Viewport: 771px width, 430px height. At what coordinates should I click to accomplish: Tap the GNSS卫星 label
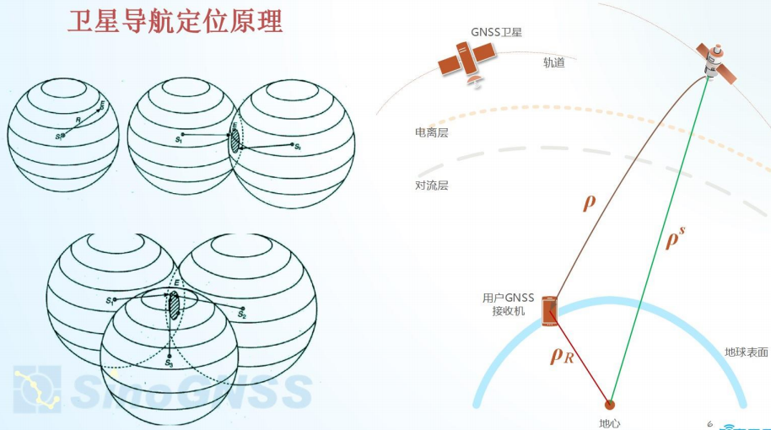coord(497,32)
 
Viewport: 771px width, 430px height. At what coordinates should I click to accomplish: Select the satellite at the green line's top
coord(717,62)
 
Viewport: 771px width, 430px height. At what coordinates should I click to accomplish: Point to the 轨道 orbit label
coord(554,62)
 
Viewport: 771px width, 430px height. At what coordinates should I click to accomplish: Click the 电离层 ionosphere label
coord(431,132)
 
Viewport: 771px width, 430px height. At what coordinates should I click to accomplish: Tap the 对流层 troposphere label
coord(431,185)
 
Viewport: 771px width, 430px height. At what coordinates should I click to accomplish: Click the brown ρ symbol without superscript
coord(590,202)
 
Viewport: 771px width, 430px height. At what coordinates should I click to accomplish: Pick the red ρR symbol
coord(562,356)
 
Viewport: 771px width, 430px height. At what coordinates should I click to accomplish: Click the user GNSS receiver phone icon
coord(549,311)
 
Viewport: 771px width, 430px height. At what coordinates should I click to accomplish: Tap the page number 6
coord(709,422)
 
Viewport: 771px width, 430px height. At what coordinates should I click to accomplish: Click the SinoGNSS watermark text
coord(194,390)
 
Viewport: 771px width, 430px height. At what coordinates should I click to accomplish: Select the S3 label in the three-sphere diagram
coord(169,364)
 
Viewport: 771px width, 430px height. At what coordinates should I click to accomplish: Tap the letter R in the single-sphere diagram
coord(77,121)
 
